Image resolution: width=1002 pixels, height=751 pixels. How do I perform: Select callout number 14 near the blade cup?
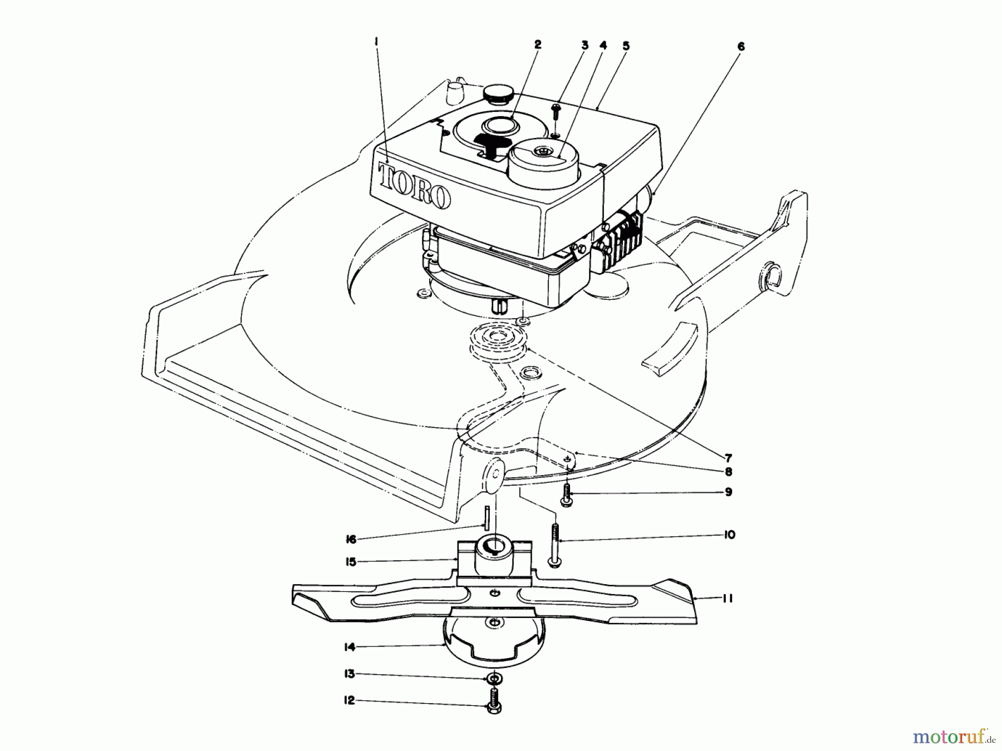click(x=349, y=647)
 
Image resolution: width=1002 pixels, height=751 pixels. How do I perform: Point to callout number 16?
click(x=351, y=538)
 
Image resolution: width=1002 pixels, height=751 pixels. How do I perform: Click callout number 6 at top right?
click(x=740, y=47)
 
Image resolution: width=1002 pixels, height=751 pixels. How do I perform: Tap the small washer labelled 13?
click(x=493, y=679)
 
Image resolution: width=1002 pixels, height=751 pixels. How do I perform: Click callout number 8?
click(x=728, y=472)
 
